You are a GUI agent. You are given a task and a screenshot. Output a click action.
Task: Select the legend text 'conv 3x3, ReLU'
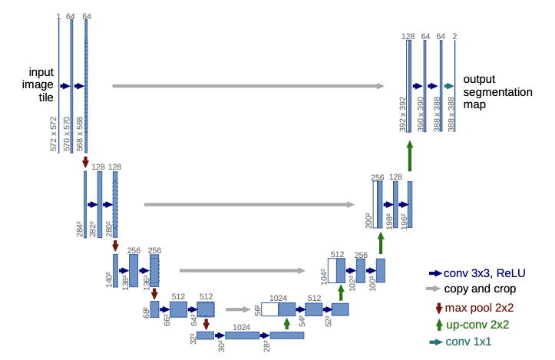(481, 272)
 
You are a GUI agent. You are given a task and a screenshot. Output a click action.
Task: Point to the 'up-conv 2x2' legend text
(480, 325)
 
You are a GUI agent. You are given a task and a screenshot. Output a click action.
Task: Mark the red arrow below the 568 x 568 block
(85, 162)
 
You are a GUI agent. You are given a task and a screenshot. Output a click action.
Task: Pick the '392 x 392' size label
(402, 114)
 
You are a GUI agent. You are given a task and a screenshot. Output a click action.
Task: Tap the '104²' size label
(323, 276)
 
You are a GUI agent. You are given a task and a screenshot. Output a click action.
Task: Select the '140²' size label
(108, 279)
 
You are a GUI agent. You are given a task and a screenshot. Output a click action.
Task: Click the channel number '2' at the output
(454, 36)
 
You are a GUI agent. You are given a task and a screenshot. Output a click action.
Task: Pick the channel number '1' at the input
(58, 16)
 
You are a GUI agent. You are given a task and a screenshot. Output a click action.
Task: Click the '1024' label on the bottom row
(242, 327)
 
